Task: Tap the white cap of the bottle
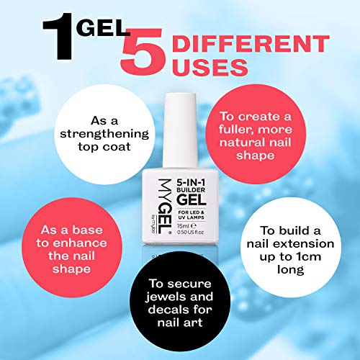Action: tap(180, 122)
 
